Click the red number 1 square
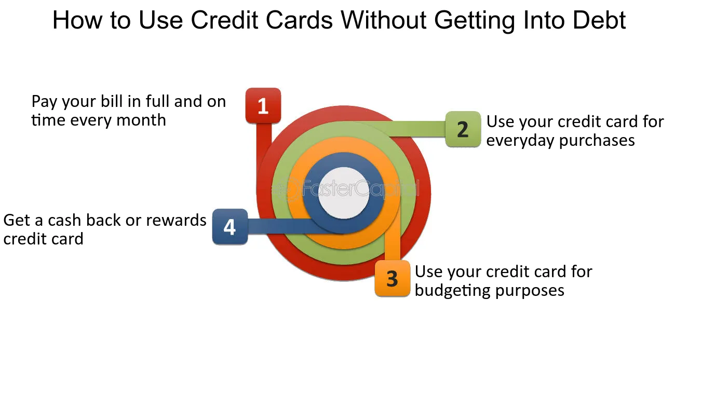pos(263,105)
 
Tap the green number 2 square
pos(463,129)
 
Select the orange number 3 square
pos(393,278)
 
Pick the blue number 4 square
pos(230,226)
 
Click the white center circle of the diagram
pos(344,193)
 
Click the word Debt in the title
pos(599,20)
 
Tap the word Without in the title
pos(383,20)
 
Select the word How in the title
pos(77,20)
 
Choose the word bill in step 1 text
pos(110,101)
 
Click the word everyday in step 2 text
pos(520,141)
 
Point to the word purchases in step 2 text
pos(597,141)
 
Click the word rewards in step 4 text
pos(176,220)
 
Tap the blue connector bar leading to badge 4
pos(281,226)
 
